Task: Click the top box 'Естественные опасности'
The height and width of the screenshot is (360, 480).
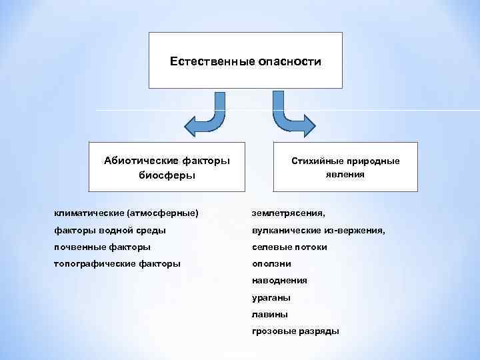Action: coord(245,60)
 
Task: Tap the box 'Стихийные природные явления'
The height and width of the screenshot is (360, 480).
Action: coord(345,167)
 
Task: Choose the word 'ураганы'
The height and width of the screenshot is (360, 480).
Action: coord(271,298)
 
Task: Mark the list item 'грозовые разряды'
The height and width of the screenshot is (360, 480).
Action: coord(295,331)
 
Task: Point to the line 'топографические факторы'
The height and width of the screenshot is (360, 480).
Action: coord(117,264)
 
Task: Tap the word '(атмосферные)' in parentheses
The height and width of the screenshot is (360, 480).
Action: coord(165,213)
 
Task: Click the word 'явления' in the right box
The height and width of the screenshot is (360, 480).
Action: coord(345,174)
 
